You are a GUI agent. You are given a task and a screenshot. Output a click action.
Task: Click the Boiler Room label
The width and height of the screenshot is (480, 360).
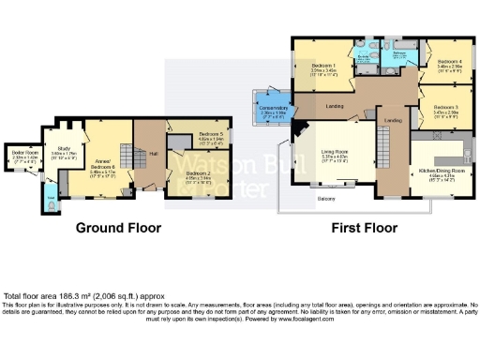point(20,153)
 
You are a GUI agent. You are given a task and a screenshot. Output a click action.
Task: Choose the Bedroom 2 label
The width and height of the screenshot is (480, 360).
point(197,175)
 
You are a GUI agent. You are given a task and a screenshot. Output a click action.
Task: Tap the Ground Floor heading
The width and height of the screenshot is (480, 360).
point(118,228)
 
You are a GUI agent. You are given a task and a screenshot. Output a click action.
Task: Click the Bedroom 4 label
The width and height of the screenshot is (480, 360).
point(450,65)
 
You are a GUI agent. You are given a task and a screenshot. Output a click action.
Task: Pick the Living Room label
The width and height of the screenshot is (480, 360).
point(335,157)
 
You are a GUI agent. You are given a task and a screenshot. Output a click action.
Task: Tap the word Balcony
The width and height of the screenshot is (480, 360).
point(325,199)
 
